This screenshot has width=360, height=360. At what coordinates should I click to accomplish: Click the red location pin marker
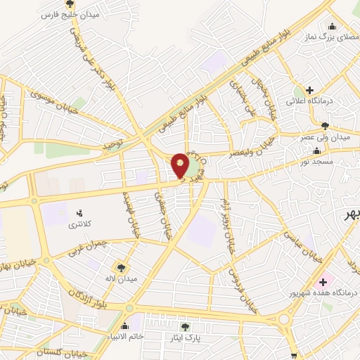(180, 166)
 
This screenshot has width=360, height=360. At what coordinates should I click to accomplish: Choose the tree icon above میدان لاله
(122, 267)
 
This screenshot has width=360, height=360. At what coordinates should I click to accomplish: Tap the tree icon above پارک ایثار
(185, 326)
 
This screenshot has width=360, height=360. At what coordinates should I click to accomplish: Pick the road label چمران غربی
(86, 249)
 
